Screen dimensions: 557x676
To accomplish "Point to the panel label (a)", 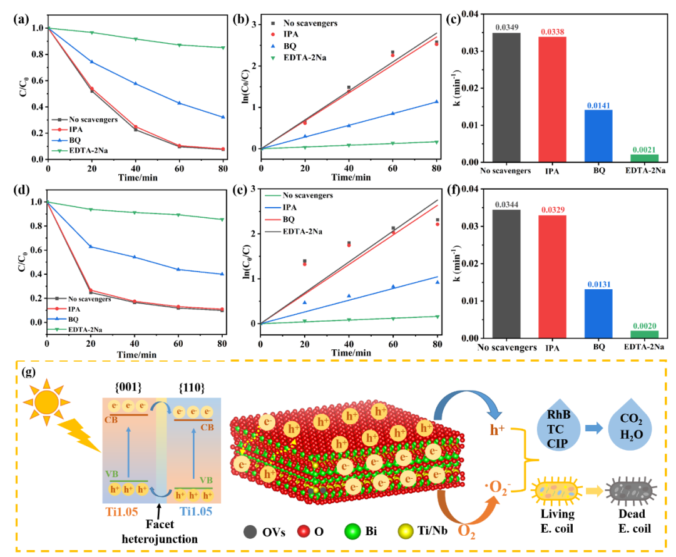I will tap(22, 18).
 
